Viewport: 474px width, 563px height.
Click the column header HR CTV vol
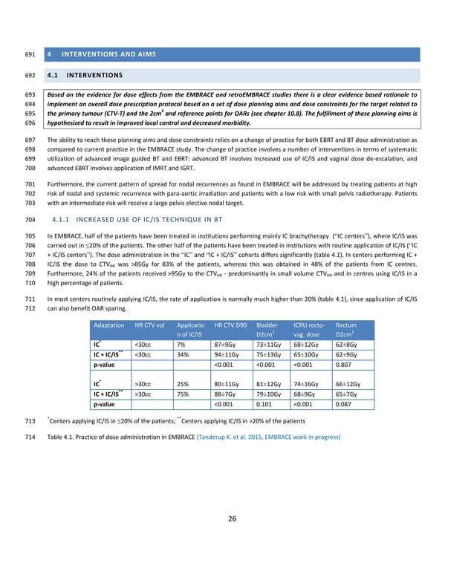149,325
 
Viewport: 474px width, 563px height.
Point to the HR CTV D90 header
230,325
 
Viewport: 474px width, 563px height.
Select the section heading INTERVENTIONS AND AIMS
103,54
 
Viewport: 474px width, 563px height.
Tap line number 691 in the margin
30,54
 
